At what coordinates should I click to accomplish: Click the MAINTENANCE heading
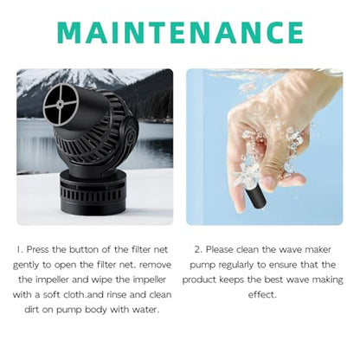point(180,32)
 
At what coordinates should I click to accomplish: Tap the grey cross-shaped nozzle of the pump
point(61,105)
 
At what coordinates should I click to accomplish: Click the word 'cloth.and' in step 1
point(82,295)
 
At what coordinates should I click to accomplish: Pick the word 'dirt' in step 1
point(32,310)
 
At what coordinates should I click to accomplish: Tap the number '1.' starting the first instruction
point(20,249)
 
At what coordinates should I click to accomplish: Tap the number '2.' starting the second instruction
point(198,249)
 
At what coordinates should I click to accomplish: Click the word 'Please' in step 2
point(220,249)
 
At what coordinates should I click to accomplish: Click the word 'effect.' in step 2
point(262,295)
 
